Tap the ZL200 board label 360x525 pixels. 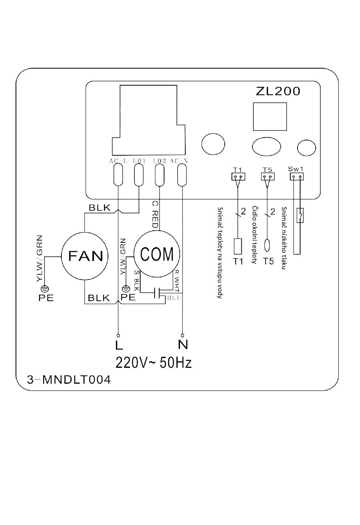coord(278,91)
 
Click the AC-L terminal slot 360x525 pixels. coord(118,174)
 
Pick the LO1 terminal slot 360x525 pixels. coord(139,175)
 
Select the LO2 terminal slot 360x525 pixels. coord(160,175)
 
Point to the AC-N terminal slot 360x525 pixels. coord(182,175)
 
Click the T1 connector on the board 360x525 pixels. coord(238,177)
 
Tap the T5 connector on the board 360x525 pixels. coord(268,177)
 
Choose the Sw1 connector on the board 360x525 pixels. coord(297,177)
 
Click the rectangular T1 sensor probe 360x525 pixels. coord(238,246)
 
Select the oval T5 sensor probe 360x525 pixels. coord(267,245)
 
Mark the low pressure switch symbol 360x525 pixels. coord(300,215)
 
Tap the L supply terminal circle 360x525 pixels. coord(118,335)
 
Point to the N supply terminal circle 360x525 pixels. coord(182,335)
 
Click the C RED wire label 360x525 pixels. coord(155,215)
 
